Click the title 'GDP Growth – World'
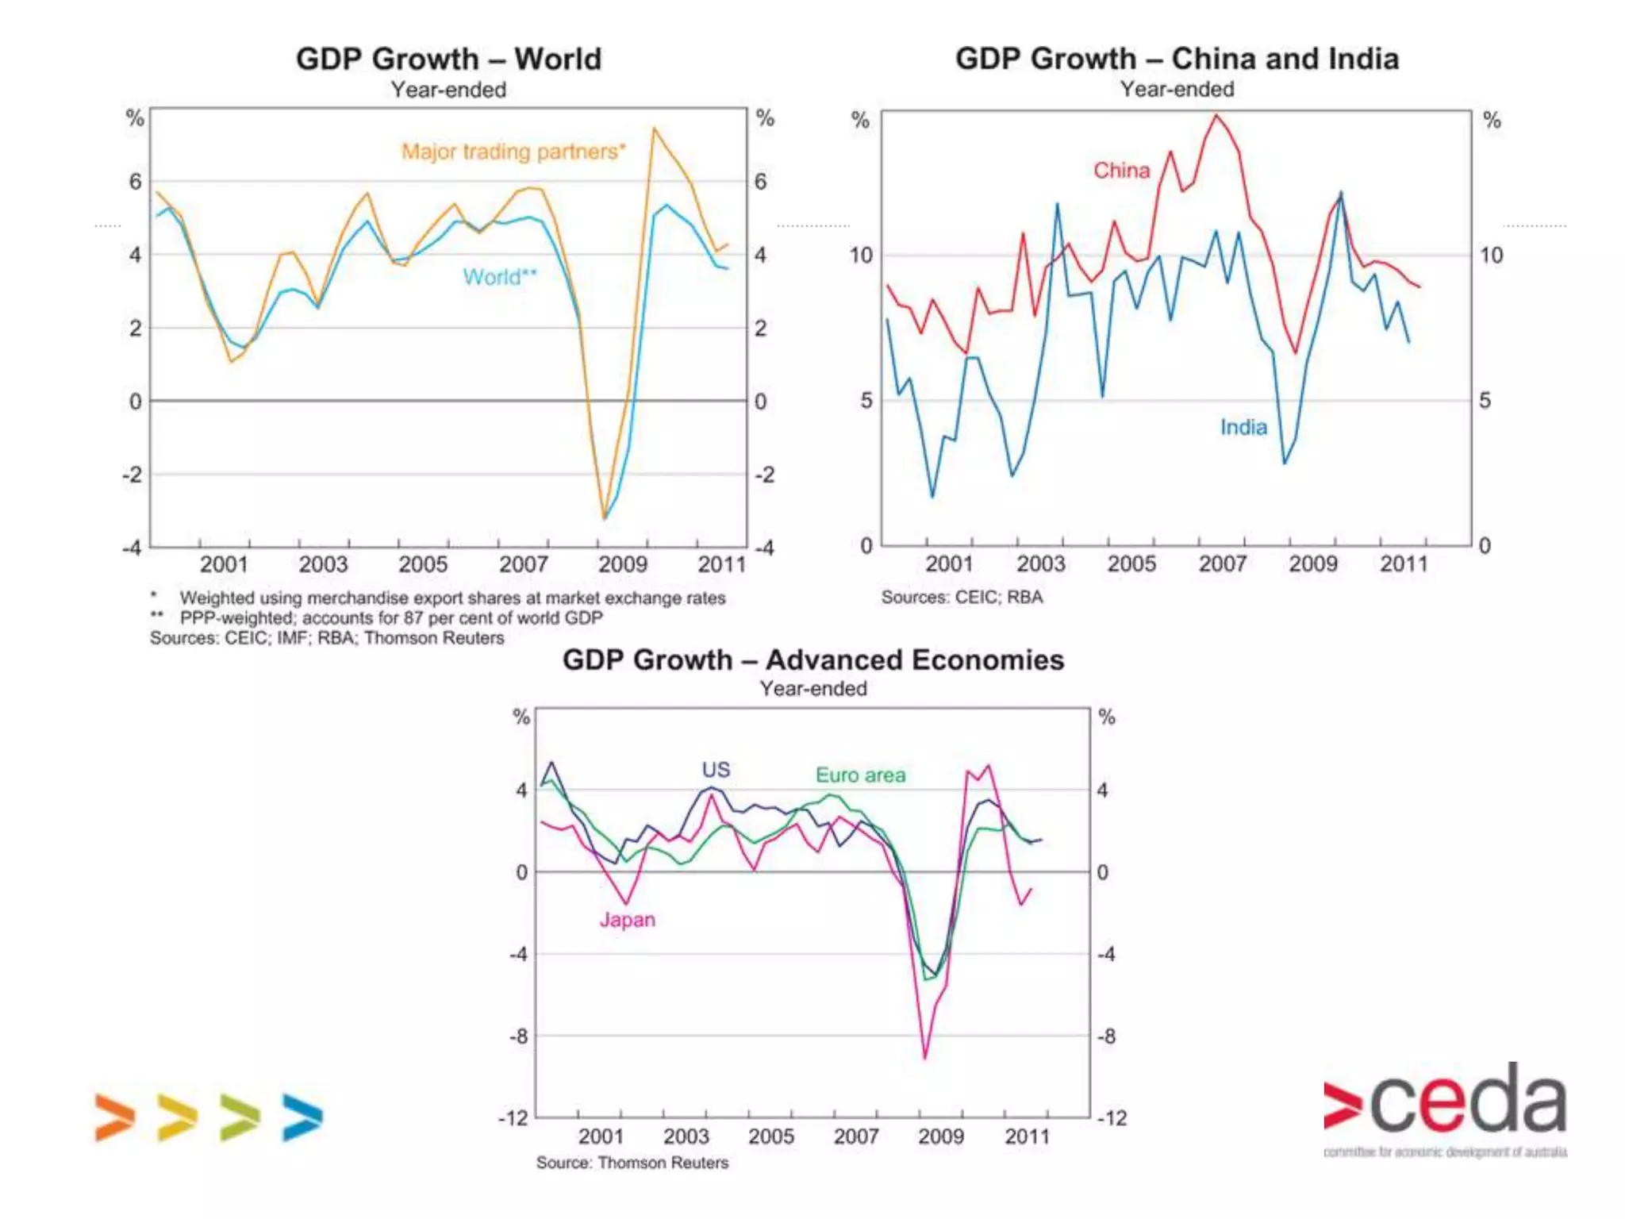[448, 60]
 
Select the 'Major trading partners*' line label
[513, 152]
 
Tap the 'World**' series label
[500, 277]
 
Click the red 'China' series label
[1121, 171]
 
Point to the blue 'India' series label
[1243, 428]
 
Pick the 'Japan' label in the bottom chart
[627, 920]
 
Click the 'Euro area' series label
[860, 775]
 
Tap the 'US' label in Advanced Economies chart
[716, 770]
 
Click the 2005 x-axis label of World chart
[423, 564]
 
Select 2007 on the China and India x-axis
[1222, 564]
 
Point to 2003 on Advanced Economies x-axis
[686, 1136]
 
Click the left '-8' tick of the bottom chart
[518, 1036]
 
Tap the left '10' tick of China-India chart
[860, 256]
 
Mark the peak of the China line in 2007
[1216, 115]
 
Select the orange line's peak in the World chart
[655, 128]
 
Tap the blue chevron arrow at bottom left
[302, 1117]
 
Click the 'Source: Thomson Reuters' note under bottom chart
[632, 1163]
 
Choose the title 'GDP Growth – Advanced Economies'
[813, 660]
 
